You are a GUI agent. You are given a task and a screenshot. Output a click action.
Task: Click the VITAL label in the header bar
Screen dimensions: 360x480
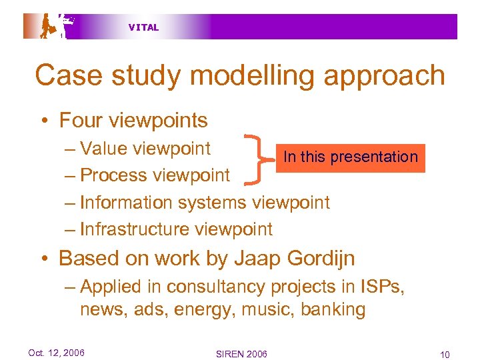(143, 27)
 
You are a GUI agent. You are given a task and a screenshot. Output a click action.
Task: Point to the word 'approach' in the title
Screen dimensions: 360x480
(384, 75)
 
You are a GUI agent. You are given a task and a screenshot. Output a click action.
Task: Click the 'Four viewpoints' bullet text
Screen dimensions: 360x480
(133, 121)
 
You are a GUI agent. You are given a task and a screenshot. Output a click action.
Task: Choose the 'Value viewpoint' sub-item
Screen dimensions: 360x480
(145, 149)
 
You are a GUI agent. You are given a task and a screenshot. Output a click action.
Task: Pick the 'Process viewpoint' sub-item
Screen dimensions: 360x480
(155, 175)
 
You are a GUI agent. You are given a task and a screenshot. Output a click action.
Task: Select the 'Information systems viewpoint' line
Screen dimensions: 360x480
(205, 203)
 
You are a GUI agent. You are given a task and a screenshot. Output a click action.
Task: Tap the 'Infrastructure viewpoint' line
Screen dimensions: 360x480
(176, 229)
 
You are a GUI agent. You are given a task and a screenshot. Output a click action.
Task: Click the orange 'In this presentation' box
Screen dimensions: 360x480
(350, 157)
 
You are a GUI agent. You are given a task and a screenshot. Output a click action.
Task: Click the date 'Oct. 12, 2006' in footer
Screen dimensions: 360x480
(56, 353)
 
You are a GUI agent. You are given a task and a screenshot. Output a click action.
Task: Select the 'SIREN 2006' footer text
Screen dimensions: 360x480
(241, 353)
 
